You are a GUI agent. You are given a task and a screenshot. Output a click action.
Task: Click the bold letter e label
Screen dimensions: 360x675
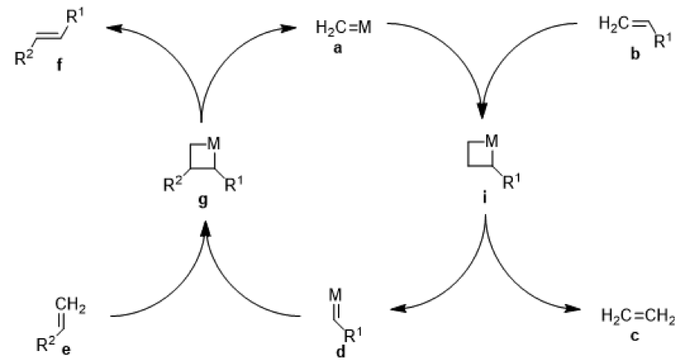click(x=79, y=352)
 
